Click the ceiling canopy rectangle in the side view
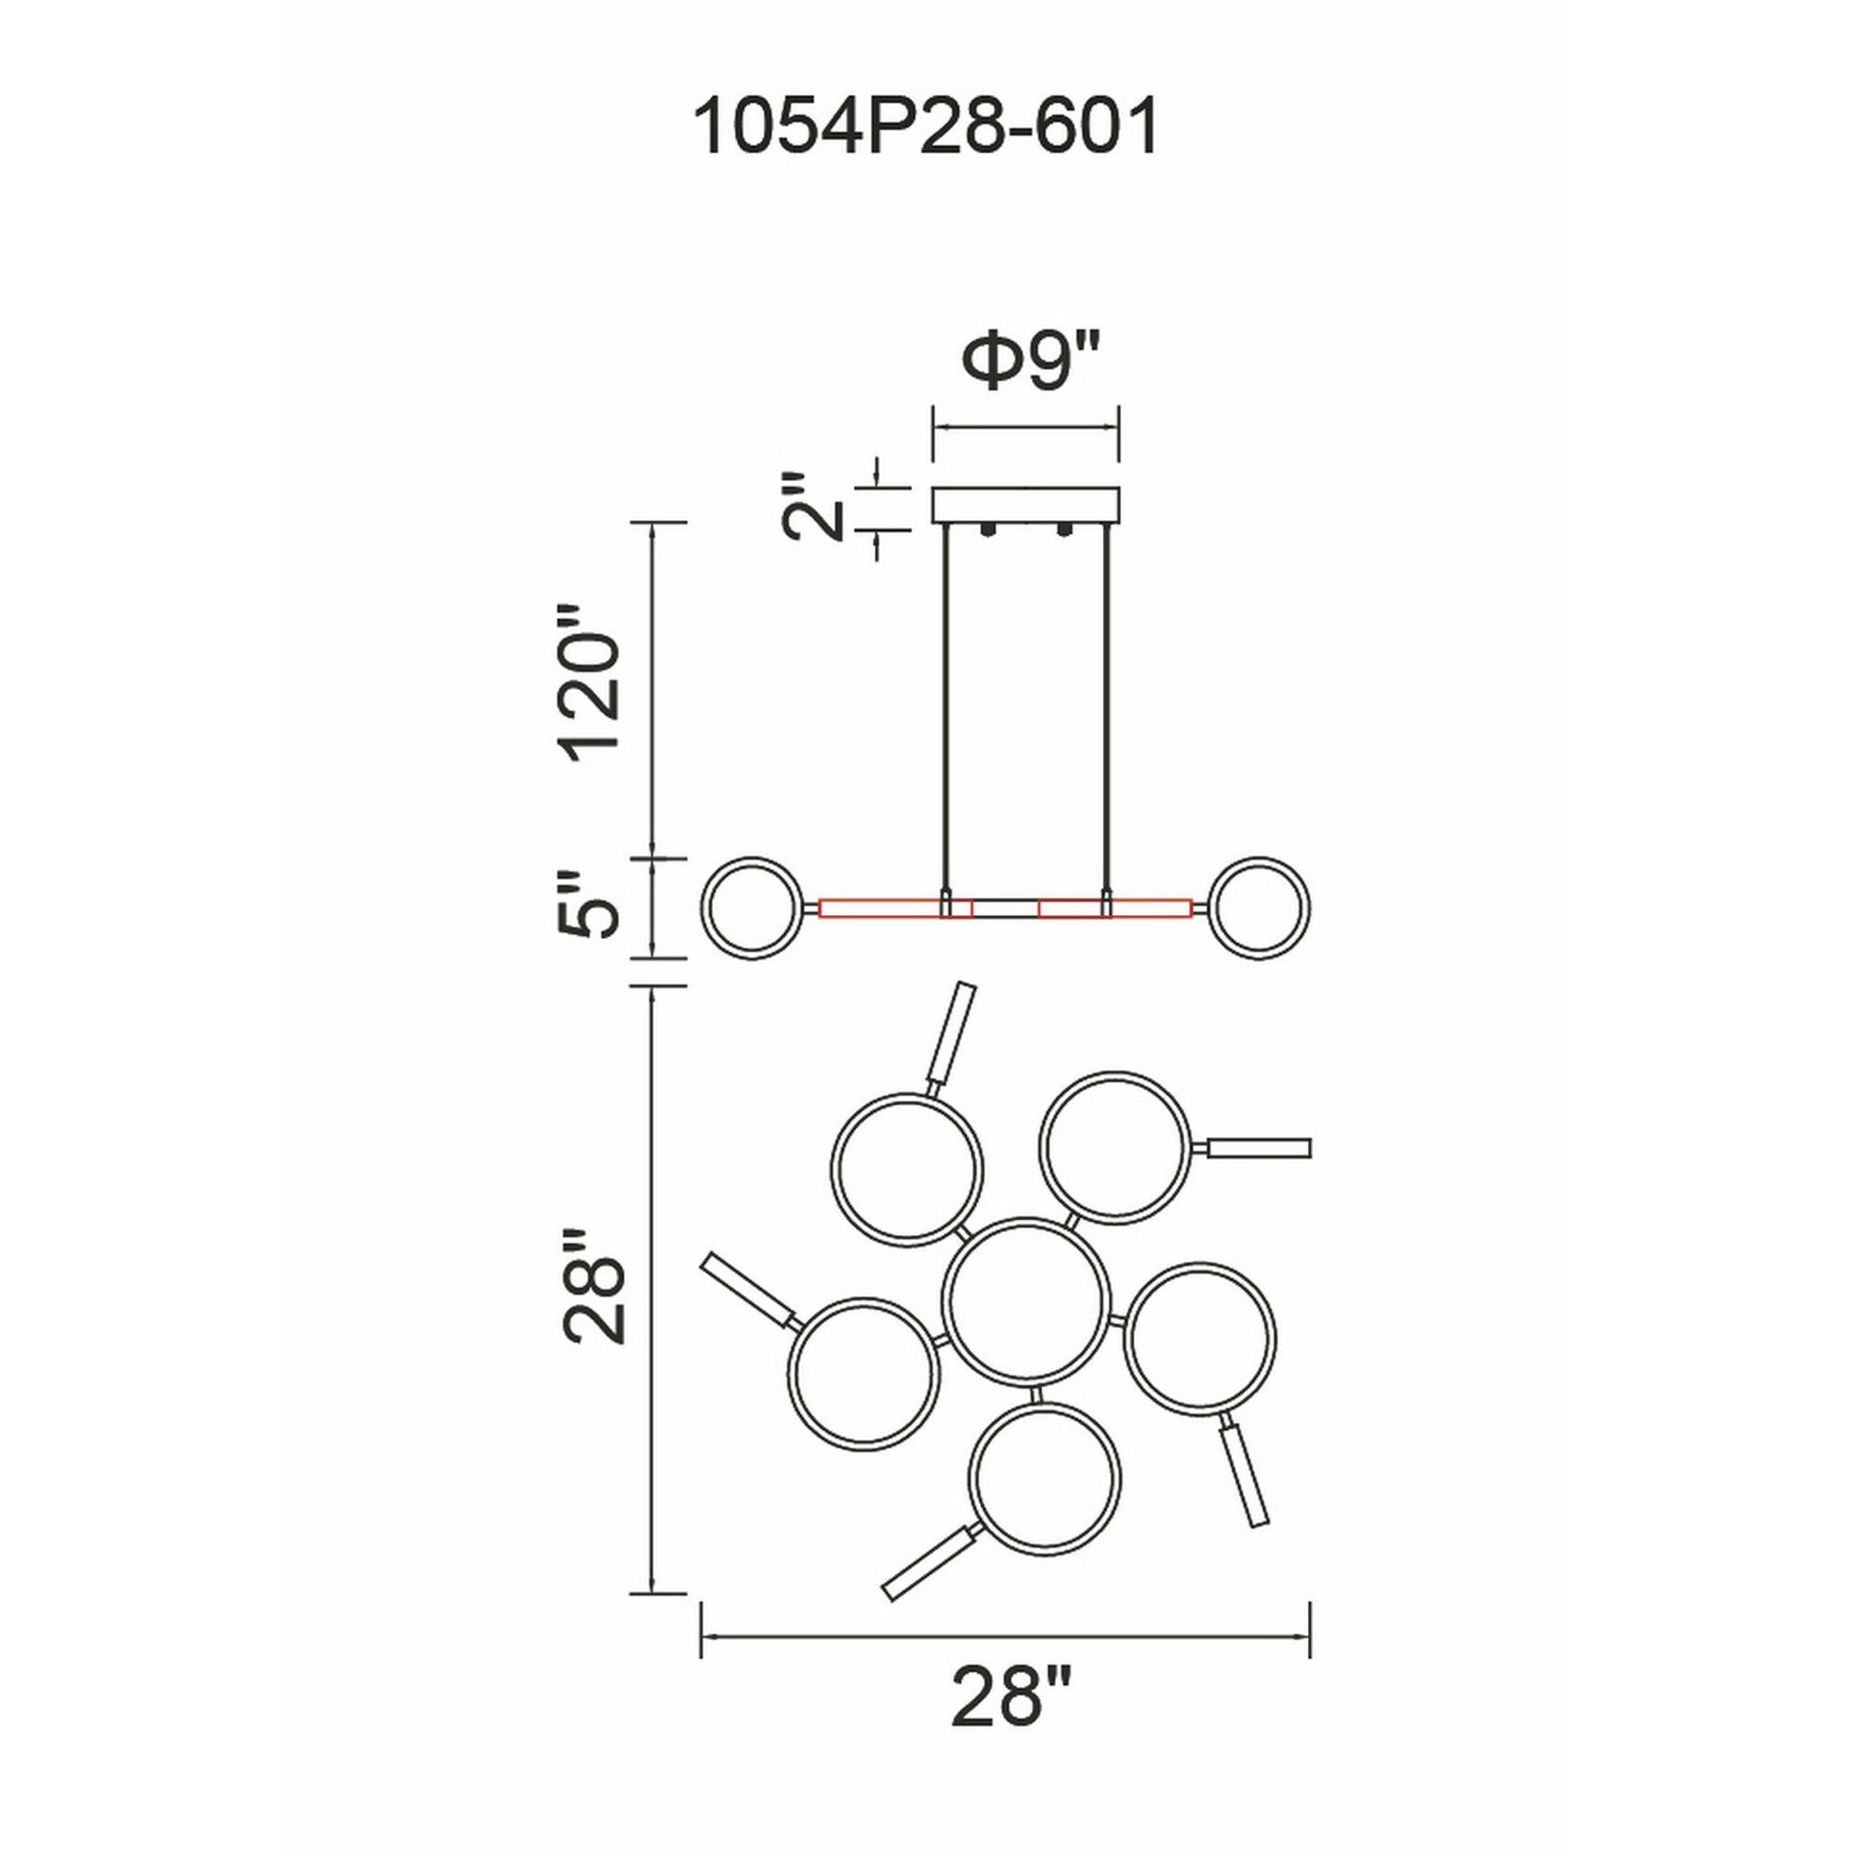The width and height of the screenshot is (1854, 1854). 1026,506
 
